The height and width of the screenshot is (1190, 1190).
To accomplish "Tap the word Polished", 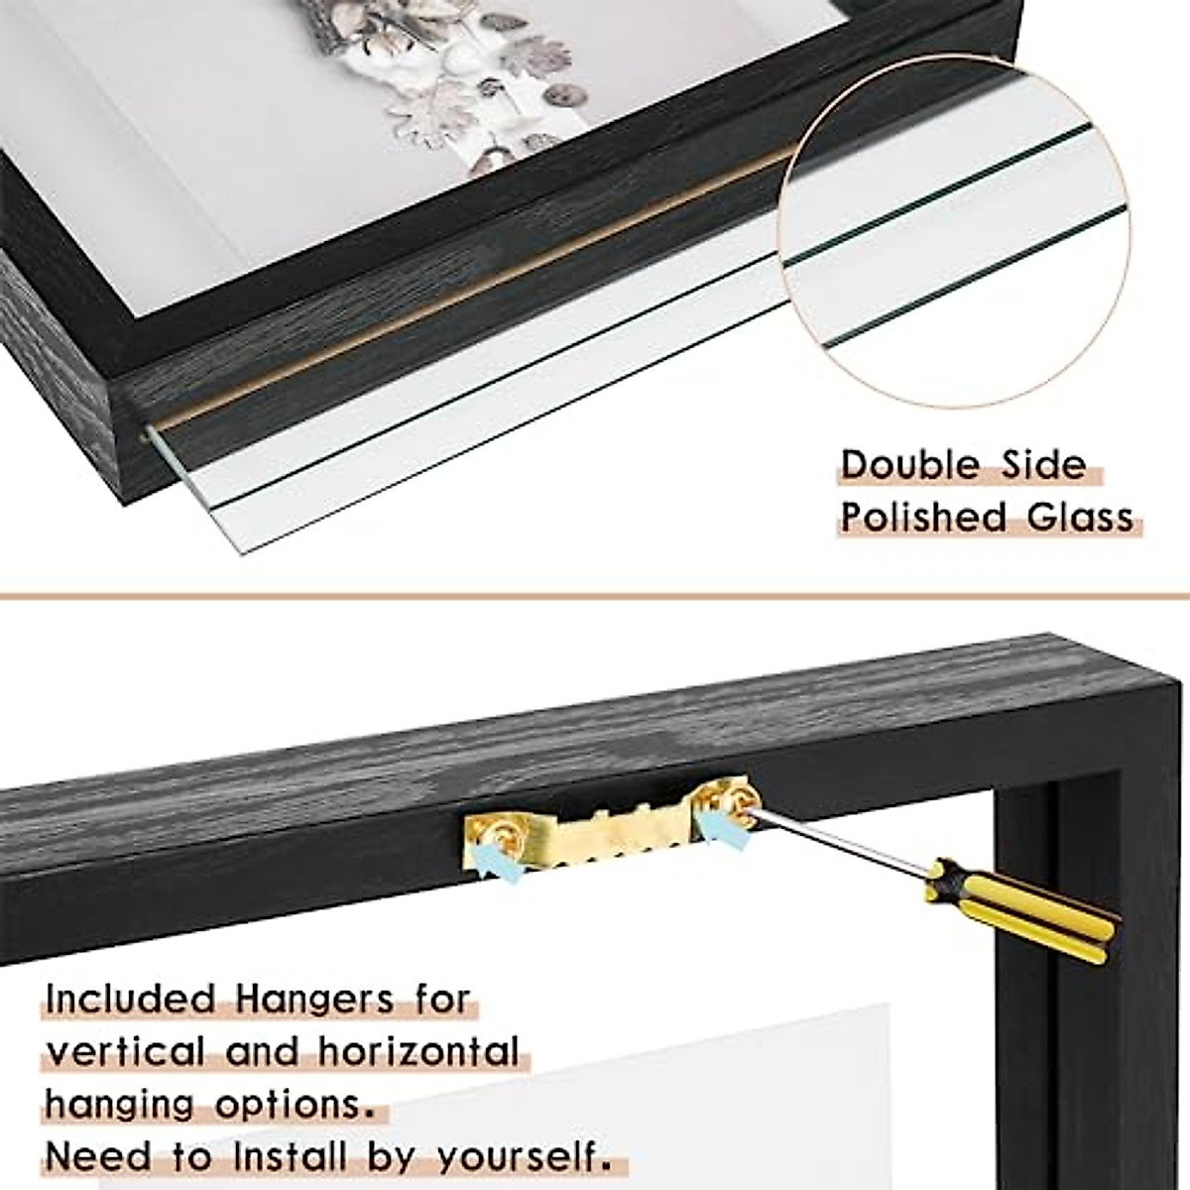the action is (909, 517).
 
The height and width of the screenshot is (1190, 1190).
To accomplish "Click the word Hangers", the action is (315, 999).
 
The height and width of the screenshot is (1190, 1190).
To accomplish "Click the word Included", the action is (131, 999).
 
